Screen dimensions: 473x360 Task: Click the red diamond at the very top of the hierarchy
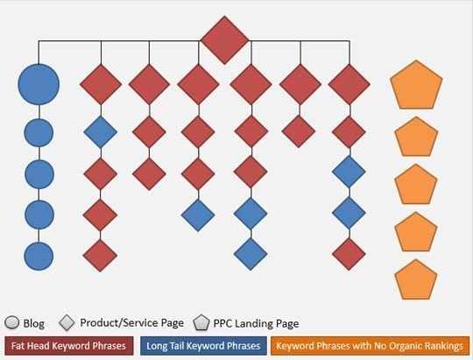pyautogui.click(x=224, y=40)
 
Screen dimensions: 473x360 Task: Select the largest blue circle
pyautogui.click(x=39, y=84)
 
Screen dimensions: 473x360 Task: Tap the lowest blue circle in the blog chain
pyautogui.click(x=39, y=256)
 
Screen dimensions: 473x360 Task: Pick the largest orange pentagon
pyautogui.click(x=416, y=85)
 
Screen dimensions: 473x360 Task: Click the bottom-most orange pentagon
pyautogui.click(x=416, y=279)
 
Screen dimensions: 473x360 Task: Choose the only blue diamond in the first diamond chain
pyautogui.click(x=101, y=132)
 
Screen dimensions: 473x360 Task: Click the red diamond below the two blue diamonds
pyautogui.click(x=349, y=254)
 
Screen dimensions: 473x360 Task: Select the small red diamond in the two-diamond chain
pyautogui.click(x=299, y=131)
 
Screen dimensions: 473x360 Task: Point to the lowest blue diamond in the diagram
pyautogui.click(x=251, y=254)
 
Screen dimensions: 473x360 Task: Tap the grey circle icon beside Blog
pyautogui.click(x=11, y=322)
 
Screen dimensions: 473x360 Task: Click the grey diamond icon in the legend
pyautogui.click(x=67, y=322)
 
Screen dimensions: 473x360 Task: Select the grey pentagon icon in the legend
pyautogui.click(x=201, y=322)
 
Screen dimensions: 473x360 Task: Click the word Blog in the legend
pyautogui.click(x=34, y=323)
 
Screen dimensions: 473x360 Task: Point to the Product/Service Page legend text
pyautogui.click(x=131, y=323)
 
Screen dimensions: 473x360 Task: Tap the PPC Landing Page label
pyautogui.click(x=256, y=323)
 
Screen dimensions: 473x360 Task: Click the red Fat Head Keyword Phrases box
pyautogui.click(x=69, y=346)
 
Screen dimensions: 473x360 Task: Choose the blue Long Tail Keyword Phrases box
pyautogui.click(x=203, y=346)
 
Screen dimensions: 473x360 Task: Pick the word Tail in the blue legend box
pyautogui.click(x=175, y=346)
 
